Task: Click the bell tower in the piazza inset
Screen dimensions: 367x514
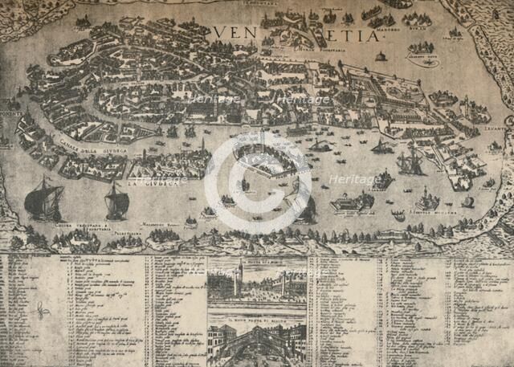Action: tap(241, 277)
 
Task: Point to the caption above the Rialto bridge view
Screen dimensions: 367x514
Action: tap(257, 319)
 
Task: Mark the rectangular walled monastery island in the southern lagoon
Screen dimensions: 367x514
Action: tap(351, 204)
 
